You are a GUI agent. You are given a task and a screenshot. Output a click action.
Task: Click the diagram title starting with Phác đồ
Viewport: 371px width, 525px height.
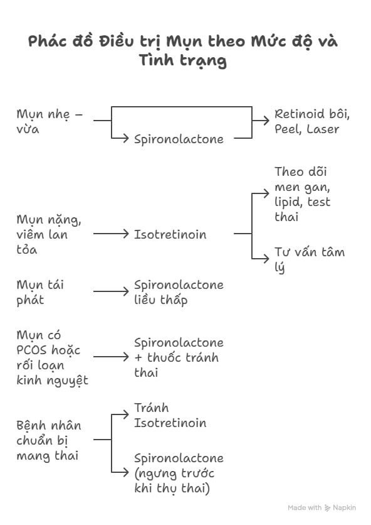point(184,51)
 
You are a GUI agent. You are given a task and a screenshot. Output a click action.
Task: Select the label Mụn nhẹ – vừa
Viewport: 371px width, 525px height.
point(50,122)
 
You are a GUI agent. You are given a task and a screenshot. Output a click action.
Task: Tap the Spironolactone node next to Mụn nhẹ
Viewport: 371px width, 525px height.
point(179,139)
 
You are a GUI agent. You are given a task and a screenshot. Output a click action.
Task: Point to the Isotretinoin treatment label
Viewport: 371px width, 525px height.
point(170,234)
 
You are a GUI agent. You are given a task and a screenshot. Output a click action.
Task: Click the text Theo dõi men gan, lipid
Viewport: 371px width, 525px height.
point(303,194)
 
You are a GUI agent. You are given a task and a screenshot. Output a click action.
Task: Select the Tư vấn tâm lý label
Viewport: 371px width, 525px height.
point(309,259)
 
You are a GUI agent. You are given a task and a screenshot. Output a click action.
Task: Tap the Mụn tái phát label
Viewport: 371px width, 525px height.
point(40,292)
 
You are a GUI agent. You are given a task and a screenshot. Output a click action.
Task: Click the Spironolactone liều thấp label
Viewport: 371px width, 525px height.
point(179,292)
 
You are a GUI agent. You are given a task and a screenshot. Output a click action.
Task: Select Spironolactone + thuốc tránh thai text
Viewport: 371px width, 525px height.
point(179,357)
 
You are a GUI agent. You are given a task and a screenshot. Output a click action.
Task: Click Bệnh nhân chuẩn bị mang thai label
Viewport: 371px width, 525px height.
point(49,440)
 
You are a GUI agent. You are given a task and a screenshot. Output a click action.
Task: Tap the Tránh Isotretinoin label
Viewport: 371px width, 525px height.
point(170,415)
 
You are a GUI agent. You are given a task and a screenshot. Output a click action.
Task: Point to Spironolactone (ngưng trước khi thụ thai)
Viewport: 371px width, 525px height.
point(179,473)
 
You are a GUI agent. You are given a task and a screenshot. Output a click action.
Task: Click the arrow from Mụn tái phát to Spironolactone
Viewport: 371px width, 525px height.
point(111,291)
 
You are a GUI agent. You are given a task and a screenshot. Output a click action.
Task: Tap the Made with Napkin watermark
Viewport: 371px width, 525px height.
point(321,507)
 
